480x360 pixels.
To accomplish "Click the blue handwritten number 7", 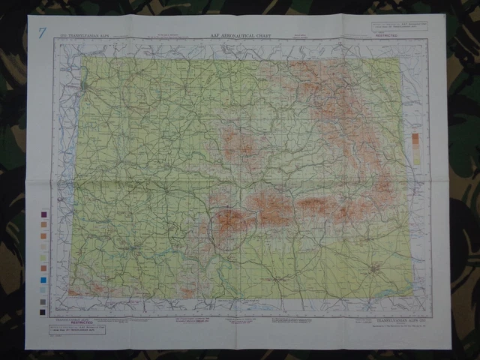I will coord(42,32).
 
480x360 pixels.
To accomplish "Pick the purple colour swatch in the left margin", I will coord(43,214).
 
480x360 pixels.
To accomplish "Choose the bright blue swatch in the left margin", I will coord(43,280).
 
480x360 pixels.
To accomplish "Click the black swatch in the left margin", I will coord(43,312).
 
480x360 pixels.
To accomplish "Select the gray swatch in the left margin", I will coord(43,301).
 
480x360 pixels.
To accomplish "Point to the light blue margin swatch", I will coord(43,290).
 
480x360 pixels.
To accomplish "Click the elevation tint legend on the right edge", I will coord(415,148).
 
